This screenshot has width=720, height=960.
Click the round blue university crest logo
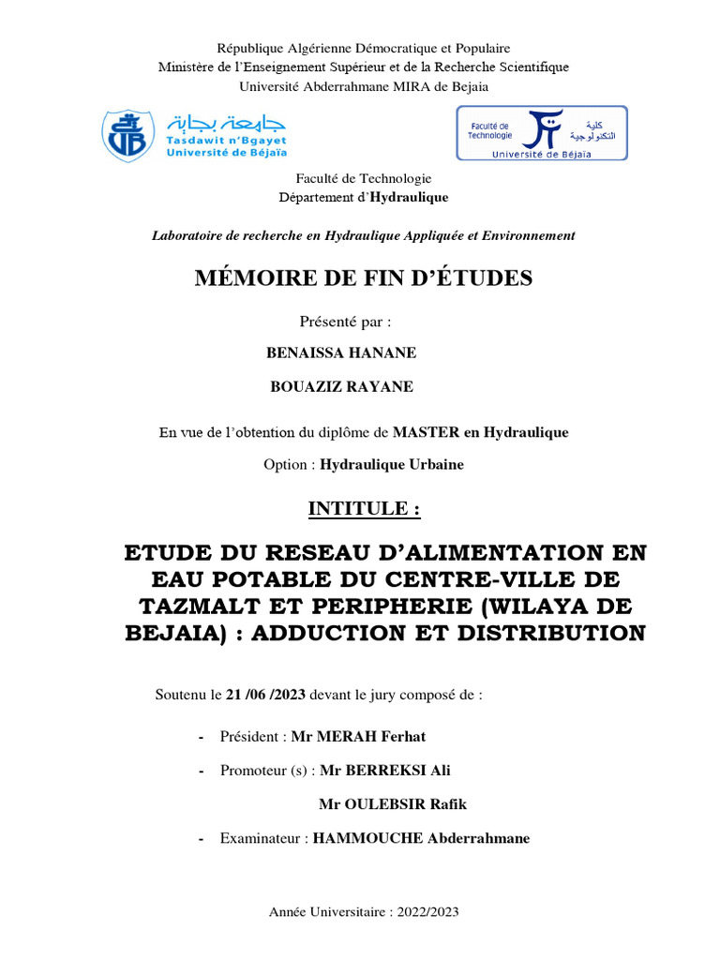[x=127, y=134]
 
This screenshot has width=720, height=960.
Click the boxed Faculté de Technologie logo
[x=541, y=133]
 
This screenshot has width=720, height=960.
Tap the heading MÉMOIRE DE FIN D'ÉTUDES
[x=363, y=277]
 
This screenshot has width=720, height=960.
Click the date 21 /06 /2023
[x=266, y=696]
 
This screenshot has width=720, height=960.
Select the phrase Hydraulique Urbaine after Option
[x=391, y=464]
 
